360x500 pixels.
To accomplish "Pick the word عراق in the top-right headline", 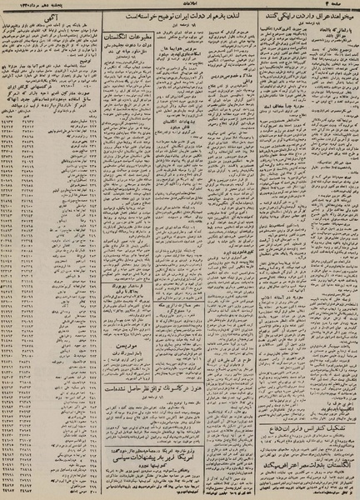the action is pyautogui.click(x=317, y=16).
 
